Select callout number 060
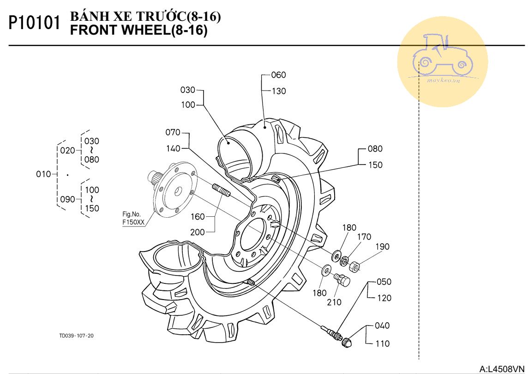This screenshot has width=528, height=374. [278, 75]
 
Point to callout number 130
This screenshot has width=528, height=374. [279, 91]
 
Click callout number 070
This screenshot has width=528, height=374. [173, 133]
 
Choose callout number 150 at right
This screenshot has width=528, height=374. [375, 165]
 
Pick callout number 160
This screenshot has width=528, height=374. [198, 216]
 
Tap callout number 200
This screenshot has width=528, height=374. [198, 233]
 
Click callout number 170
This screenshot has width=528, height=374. [364, 237]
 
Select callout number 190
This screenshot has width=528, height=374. [382, 247]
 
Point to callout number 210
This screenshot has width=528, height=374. [334, 302]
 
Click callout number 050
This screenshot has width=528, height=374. [384, 282]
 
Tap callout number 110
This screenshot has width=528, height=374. [383, 343]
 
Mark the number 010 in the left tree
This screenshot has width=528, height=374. [43, 174]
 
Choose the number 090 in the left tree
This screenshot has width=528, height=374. [68, 200]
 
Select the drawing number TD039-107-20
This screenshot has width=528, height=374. [77, 336]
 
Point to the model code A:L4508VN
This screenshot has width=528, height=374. [502, 368]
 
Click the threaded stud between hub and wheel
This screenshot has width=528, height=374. [221, 190]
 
